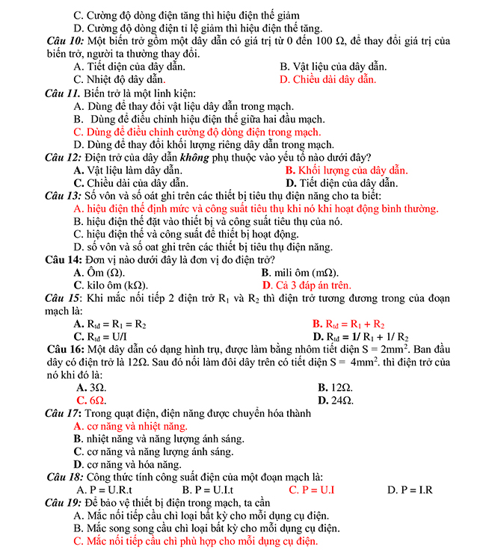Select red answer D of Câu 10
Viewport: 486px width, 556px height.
click(327, 79)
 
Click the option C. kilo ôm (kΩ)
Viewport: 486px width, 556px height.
click(111, 285)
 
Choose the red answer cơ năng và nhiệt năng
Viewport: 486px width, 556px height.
click(130, 426)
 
